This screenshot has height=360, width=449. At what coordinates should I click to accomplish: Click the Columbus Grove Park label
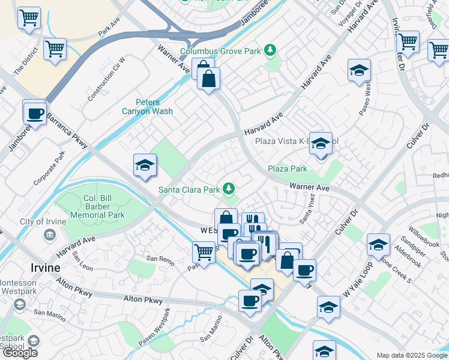coord(220,51)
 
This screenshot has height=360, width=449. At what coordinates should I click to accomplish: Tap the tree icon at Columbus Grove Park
coord(271,50)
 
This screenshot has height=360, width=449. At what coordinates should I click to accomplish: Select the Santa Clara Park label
coord(189,190)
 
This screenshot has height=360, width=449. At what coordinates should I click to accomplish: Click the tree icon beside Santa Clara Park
coord(228,189)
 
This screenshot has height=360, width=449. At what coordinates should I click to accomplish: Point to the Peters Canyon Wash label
coord(147,106)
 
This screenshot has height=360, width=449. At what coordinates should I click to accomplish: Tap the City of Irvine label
coord(43,222)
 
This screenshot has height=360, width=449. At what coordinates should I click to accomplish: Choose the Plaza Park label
coord(287,169)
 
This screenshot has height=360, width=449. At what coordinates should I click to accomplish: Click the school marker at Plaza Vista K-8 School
coord(321,145)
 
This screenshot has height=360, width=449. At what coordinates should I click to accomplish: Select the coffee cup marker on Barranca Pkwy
coord(35,113)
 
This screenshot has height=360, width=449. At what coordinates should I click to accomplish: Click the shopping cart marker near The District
coord(55,49)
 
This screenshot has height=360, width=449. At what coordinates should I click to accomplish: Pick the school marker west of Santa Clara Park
coord(145,166)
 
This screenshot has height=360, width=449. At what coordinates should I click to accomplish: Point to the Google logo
coord(20,353)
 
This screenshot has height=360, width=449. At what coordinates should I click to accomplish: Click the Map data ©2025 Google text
coord(411,355)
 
